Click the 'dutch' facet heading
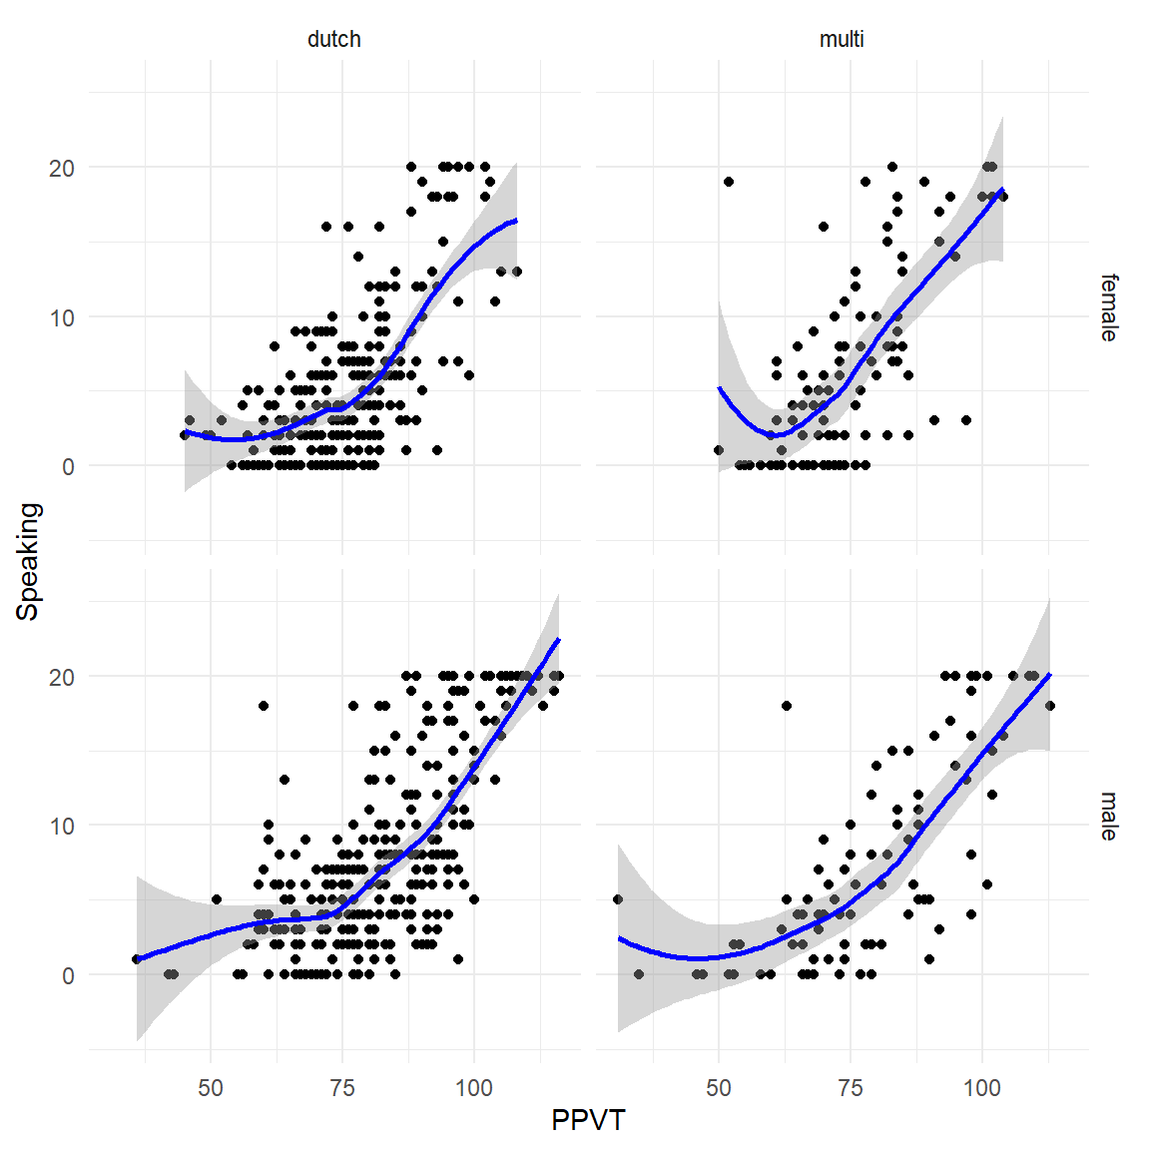coord(333,40)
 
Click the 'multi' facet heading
coord(842,40)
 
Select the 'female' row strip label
coord(1109,307)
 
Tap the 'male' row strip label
coord(1109,816)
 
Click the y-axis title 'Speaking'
coord(28,561)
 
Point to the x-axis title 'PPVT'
coord(588,1121)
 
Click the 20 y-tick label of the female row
coord(62,169)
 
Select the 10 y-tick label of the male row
coord(62,827)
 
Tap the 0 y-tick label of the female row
coord(68,467)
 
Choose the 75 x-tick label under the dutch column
coord(341,1088)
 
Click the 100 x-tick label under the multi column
coord(982,1088)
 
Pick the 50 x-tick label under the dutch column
coord(211,1088)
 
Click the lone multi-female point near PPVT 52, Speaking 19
coord(729,182)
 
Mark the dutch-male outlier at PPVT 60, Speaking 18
coord(264,706)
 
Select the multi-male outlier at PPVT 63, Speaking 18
coord(787,706)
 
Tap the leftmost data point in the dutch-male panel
coord(137,959)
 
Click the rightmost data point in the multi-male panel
coord(1049,706)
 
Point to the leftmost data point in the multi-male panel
coord(618,899)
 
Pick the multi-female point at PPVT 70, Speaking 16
coord(824,227)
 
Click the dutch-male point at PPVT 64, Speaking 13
coord(285,780)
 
